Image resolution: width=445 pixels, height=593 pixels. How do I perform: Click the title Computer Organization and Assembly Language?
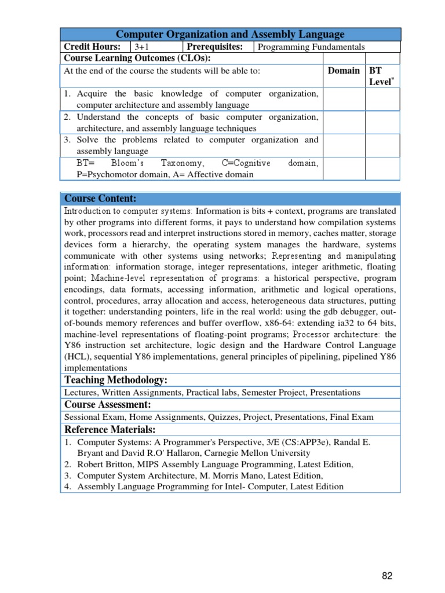(x=230, y=35)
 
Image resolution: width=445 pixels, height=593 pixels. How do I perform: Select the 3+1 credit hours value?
(x=141, y=47)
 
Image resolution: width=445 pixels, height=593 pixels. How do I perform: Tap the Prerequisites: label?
(x=217, y=47)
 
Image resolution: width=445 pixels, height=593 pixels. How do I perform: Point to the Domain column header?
(x=344, y=71)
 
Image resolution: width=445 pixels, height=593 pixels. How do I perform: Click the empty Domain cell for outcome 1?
(x=344, y=99)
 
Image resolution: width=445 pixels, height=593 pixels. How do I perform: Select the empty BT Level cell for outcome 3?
(x=382, y=145)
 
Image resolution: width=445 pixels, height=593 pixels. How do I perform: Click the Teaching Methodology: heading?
(x=116, y=380)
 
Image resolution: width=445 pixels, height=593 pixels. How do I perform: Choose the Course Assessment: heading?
(x=107, y=404)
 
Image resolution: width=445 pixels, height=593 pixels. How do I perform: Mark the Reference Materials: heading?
(x=110, y=429)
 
